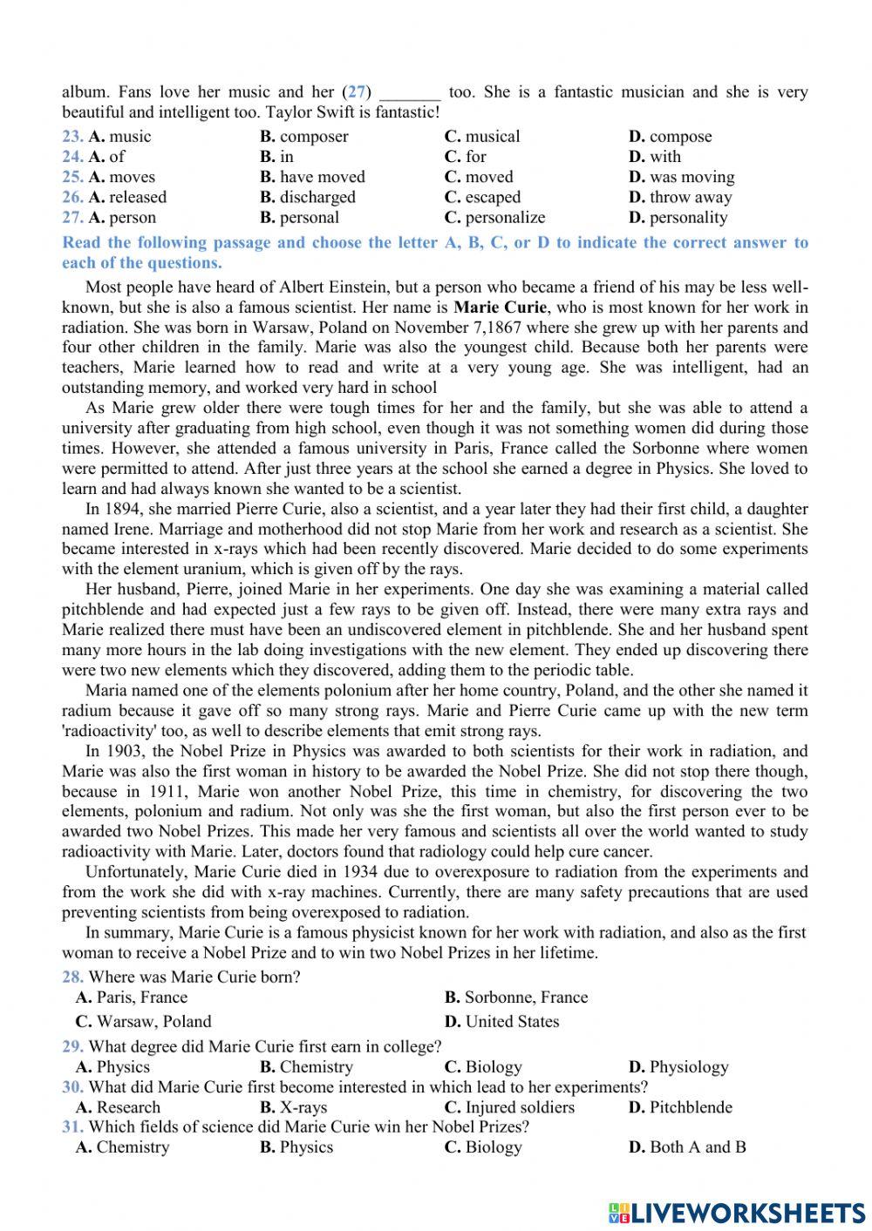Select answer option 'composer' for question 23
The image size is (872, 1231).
click(x=313, y=137)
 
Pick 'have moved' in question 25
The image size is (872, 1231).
click(x=322, y=177)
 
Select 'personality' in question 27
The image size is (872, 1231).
click(x=687, y=218)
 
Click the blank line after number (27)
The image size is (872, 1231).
click(x=411, y=93)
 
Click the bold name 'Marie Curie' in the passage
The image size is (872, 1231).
click(x=501, y=308)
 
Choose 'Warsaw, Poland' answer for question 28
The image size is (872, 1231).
click(x=153, y=1022)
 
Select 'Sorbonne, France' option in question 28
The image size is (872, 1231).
click(x=525, y=998)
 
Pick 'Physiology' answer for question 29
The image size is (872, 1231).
click(x=688, y=1067)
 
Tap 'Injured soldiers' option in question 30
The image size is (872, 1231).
click(x=519, y=1108)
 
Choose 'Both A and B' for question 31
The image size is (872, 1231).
click(x=697, y=1147)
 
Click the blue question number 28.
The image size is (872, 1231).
click(x=72, y=977)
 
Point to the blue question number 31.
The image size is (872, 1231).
click(x=72, y=1127)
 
